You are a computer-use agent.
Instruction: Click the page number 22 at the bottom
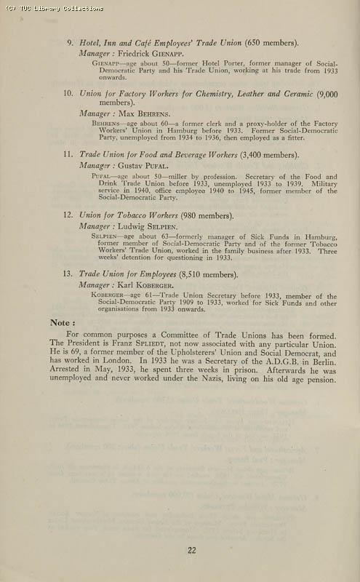[x=191, y=550]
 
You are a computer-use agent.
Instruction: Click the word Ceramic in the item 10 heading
[x=297, y=94]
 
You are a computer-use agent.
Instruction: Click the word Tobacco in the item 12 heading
[x=148, y=215]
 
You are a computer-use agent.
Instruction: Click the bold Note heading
[x=62, y=322]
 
